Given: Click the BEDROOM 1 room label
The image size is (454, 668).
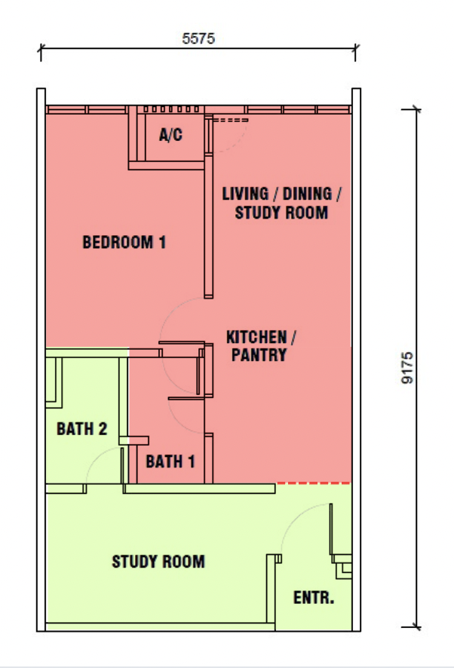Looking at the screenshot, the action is click(124, 242).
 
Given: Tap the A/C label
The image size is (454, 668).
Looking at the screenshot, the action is click(170, 135).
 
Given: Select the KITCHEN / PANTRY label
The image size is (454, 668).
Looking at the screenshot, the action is click(261, 346).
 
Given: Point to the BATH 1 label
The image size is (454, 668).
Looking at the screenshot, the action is click(170, 461).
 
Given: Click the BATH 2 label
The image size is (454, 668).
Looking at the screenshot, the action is click(82, 428).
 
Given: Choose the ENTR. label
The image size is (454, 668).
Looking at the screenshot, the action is click(314, 598).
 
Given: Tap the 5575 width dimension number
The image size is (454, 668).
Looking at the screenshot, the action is click(198, 38).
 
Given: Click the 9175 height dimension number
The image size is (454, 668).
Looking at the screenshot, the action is click(407, 368).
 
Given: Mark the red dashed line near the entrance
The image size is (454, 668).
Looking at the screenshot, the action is click(313, 483).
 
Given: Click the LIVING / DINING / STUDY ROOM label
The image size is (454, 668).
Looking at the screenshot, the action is click(281, 204).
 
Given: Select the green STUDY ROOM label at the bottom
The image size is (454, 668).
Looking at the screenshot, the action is click(158, 562).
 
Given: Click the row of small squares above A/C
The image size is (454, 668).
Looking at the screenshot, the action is click(171, 109).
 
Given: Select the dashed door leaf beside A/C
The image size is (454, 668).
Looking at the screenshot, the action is click(230, 120).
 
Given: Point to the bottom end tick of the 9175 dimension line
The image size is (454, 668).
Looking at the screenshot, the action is click(416, 627).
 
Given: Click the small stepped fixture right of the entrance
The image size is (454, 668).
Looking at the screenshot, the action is click(342, 566).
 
